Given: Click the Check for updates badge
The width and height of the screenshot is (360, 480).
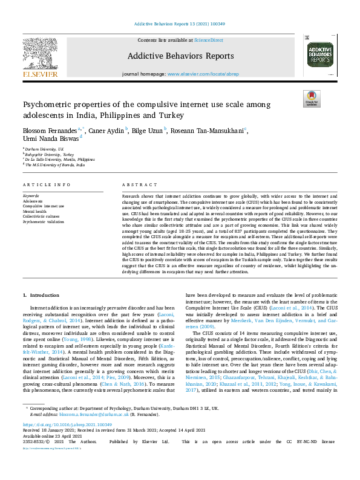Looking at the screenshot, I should (312, 99).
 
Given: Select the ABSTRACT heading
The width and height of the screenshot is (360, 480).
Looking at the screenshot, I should (136, 184).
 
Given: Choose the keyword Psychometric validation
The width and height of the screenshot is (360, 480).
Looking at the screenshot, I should (44, 222).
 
